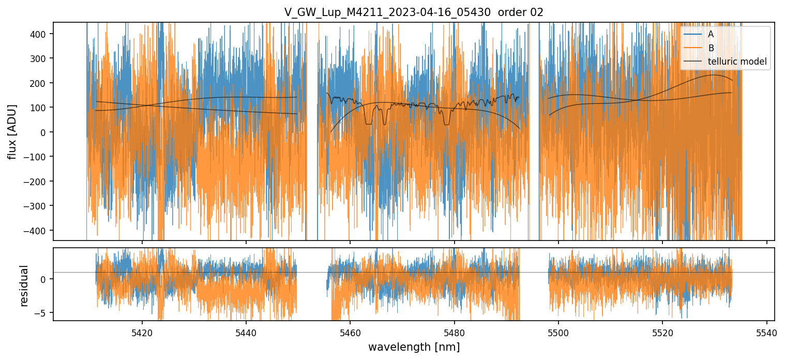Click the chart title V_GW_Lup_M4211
point(414,12)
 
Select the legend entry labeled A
point(711,34)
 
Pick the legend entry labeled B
point(711,48)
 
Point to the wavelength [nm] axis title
point(414,347)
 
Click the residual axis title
point(24,286)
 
